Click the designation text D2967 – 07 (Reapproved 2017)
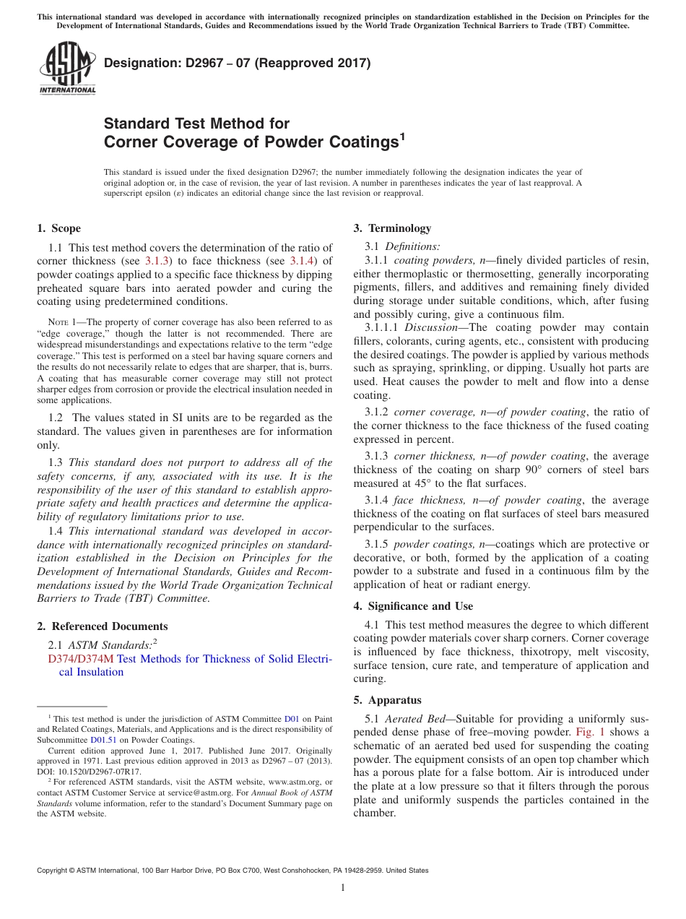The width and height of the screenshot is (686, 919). click(238, 63)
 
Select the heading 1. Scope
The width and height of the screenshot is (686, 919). click(59, 228)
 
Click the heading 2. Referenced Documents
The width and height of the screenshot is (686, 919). click(102, 626)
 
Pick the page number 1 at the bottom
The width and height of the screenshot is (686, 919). click(343, 887)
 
